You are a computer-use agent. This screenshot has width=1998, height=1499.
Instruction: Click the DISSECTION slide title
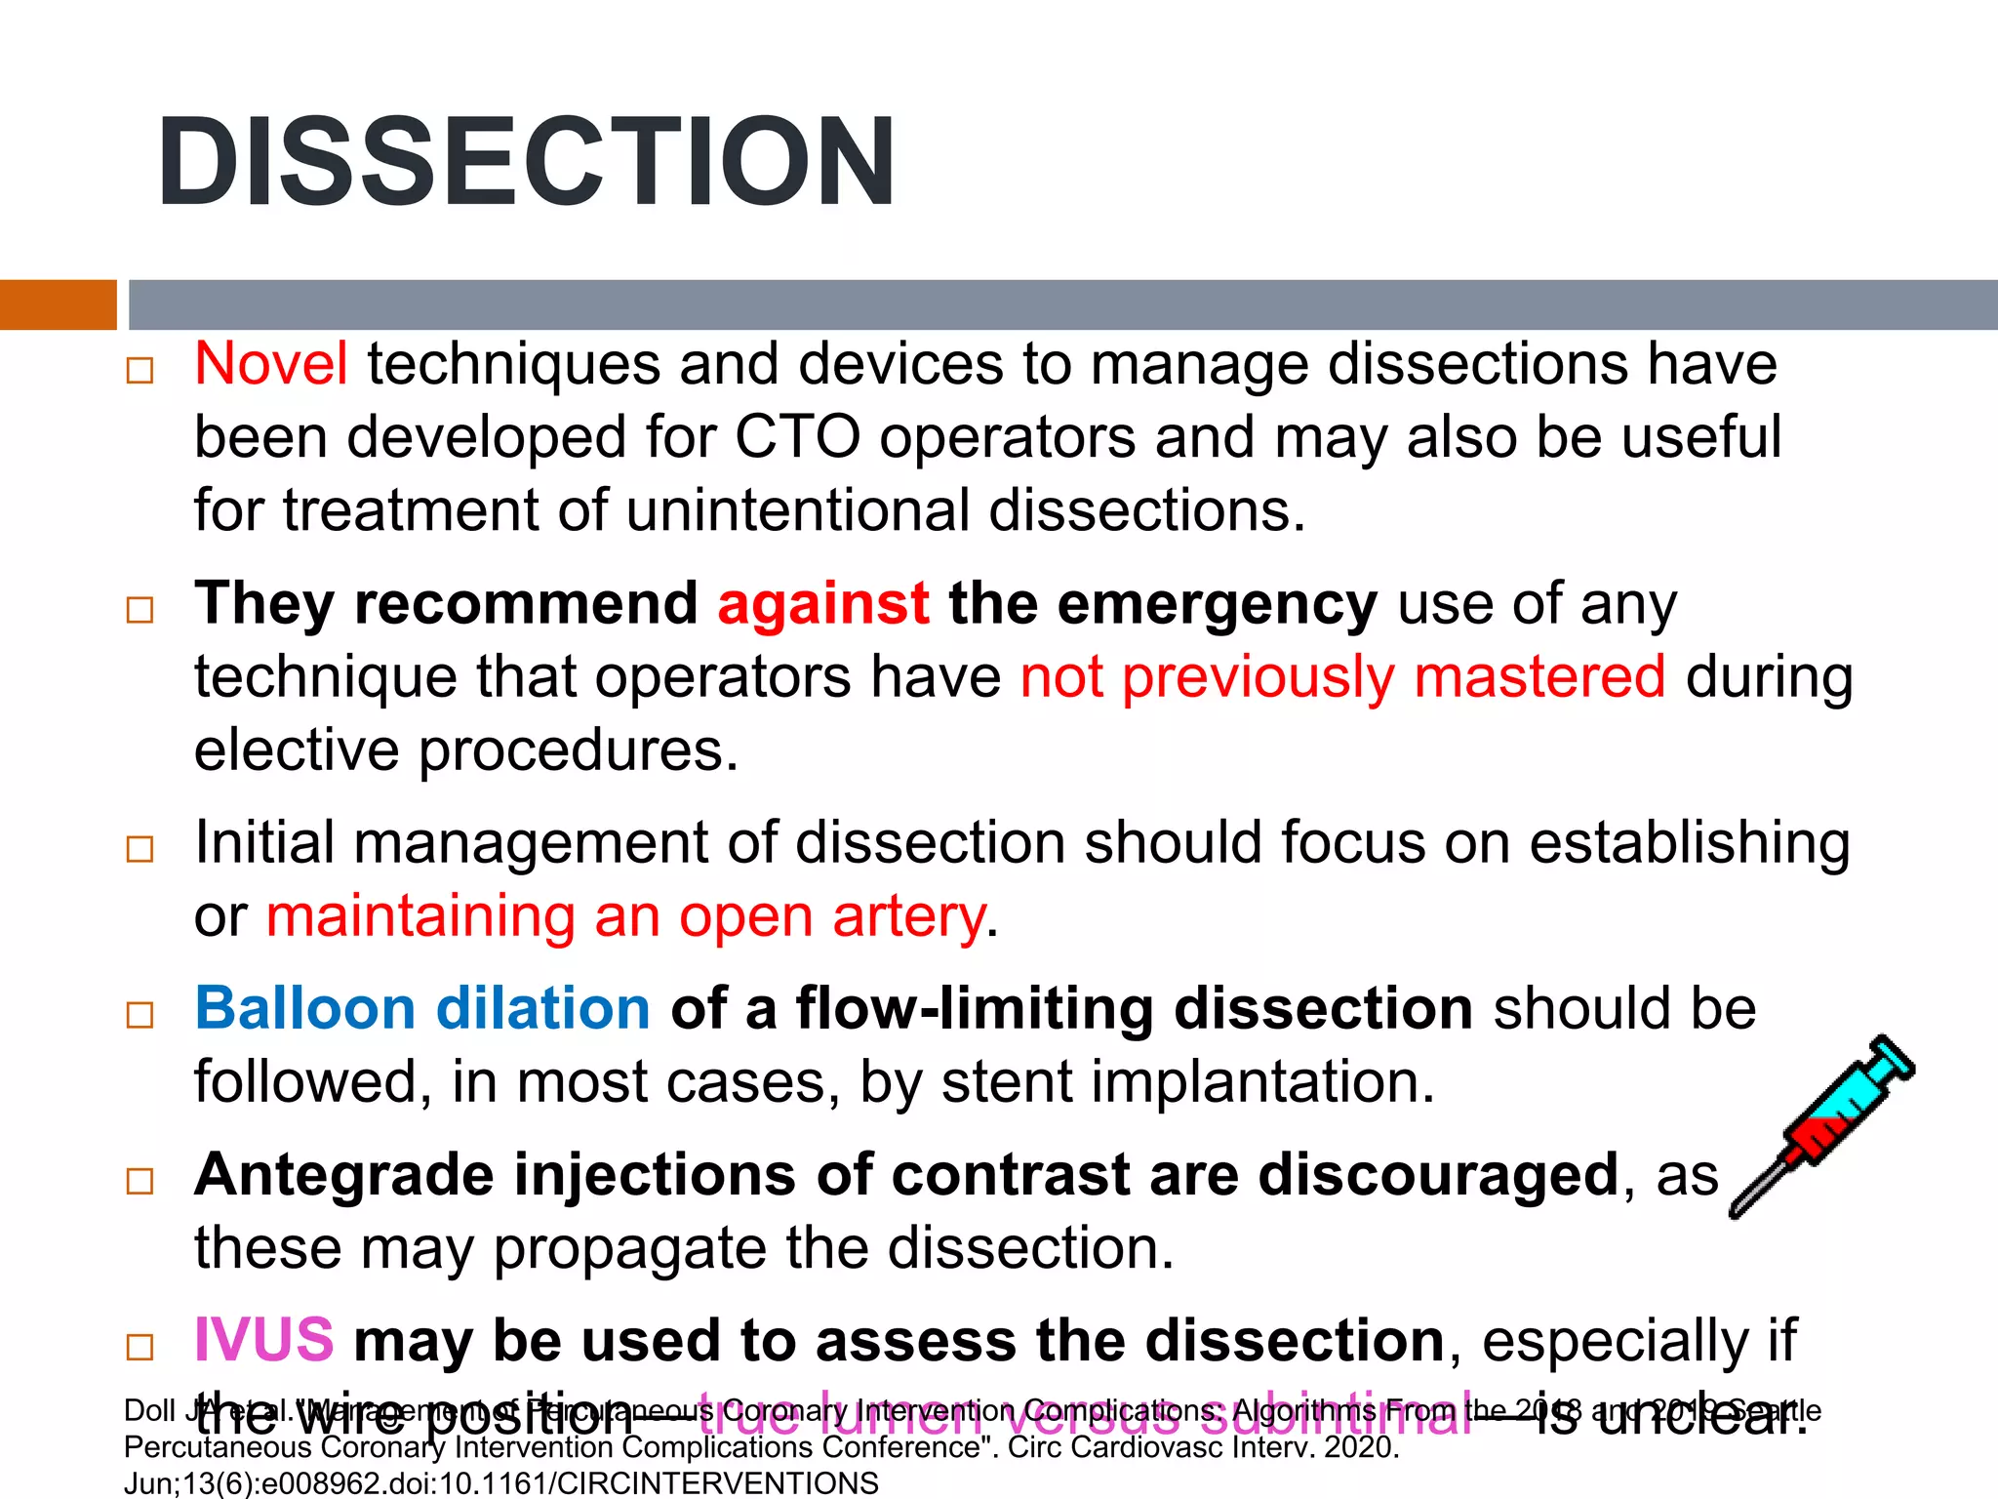527,163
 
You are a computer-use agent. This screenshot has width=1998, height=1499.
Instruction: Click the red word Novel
271,364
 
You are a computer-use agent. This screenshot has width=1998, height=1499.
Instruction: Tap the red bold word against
823,603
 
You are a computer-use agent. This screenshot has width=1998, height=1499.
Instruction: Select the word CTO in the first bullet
797,436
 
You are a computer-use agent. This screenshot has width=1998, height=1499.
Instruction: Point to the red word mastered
1539,676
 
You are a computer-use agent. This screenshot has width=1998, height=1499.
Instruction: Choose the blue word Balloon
305,1008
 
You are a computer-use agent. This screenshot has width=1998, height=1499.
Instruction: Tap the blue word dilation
542,1008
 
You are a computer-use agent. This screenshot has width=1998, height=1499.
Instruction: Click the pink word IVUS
264,1340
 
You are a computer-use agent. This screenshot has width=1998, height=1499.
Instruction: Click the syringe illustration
1821,1125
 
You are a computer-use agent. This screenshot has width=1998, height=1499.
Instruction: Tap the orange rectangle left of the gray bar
58,304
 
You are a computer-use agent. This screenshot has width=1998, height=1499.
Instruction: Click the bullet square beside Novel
140,371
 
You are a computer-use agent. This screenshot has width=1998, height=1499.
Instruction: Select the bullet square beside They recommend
140,611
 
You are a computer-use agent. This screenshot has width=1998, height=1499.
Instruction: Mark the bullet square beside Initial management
140,849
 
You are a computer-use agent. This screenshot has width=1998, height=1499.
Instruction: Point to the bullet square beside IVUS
140,1348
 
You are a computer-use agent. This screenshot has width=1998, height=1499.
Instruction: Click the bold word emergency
1217,603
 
